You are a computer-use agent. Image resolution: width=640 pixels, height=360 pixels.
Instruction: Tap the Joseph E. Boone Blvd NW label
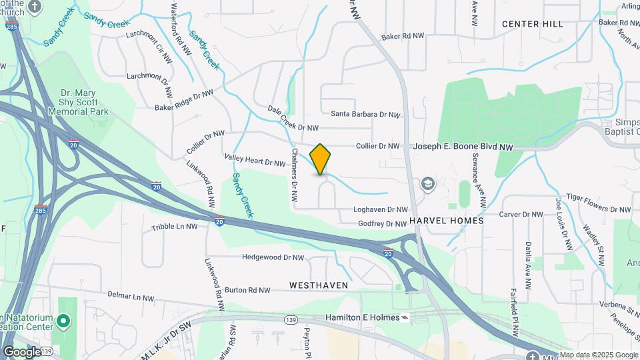click(x=463, y=146)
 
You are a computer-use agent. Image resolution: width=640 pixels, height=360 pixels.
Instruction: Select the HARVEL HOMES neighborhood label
click(x=446, y=220)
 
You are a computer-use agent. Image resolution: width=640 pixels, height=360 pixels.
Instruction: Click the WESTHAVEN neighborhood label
click(x=319, y=285)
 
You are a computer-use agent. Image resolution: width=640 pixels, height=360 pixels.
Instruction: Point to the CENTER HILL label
click(x=532, y=24)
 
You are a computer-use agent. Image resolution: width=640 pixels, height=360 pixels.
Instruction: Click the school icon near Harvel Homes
click(x=427, y=184)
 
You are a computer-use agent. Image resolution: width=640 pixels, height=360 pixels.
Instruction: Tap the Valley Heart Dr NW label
click(x=255, y=161)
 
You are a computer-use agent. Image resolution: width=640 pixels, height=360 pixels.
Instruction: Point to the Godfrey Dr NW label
click(x=382, y=224)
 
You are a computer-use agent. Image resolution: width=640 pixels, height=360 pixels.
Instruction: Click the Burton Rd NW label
click(x=247, y=290)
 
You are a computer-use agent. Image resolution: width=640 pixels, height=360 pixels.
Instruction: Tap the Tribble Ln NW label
click(x=174, y=227)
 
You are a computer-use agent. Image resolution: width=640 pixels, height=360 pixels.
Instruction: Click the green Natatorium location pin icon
click(x=63, y=321)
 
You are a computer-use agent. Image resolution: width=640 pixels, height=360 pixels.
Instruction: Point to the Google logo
click(x=21, y=352)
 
